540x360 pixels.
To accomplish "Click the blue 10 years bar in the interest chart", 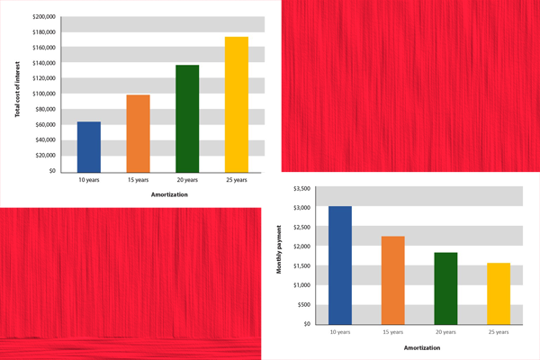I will point(89,146).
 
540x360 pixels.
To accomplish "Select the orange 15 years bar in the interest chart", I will point(138,132).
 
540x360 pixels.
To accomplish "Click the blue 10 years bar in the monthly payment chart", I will point(340,265).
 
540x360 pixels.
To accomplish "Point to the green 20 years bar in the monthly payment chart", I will point(445,288).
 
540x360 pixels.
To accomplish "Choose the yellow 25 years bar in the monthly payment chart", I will point(498,292).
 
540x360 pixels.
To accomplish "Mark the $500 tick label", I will point(303,304).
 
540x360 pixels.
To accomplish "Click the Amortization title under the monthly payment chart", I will point(419,346).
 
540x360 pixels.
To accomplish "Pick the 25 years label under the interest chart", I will point(237,180).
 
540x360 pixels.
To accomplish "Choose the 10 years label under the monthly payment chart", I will point(340,333).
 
